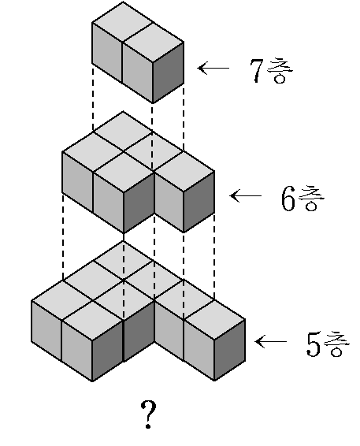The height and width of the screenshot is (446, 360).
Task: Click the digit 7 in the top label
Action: [x=257, y=71]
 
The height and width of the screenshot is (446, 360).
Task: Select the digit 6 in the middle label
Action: [x=288, y=199]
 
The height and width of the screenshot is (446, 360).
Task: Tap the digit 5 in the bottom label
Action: [x=314, y=344]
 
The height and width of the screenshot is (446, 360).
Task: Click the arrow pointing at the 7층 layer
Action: [x=213, y=69]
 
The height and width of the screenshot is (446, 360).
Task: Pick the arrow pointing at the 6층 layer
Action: [x=246, y=195]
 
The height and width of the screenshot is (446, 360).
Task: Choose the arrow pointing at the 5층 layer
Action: [x=271, y=341]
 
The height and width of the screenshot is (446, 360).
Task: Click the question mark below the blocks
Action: [x=148, y=414]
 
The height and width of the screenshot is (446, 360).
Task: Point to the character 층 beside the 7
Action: [x=280, y=70]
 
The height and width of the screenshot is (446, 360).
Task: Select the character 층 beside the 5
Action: [x=336, y=344]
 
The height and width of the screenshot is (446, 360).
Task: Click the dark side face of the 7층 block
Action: [x=168, y=72]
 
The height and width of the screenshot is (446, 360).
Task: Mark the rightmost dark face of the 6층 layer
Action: [x=199, y=202]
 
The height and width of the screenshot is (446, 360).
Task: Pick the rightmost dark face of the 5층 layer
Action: [x=230, y=350]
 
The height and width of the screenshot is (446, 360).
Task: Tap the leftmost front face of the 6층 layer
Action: [x=77, y=182]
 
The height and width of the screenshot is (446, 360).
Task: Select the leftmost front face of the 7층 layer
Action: [x=107, y=53]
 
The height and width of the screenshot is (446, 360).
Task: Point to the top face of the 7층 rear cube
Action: [x=123, y=23]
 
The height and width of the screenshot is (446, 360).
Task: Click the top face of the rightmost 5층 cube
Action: [x=215, y=320]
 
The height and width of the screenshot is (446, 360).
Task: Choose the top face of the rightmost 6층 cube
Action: [x=184, y=171]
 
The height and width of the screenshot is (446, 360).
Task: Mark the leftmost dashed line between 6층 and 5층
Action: [x=63, y=237]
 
